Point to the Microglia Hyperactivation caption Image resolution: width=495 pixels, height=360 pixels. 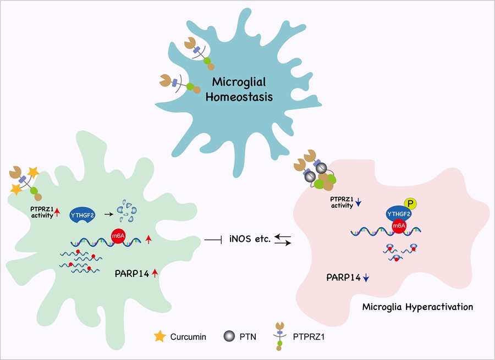coord(417,306)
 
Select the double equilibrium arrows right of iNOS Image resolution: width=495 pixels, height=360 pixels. coord(282,240)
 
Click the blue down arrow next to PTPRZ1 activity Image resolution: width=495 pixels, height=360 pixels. coord(358,203)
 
